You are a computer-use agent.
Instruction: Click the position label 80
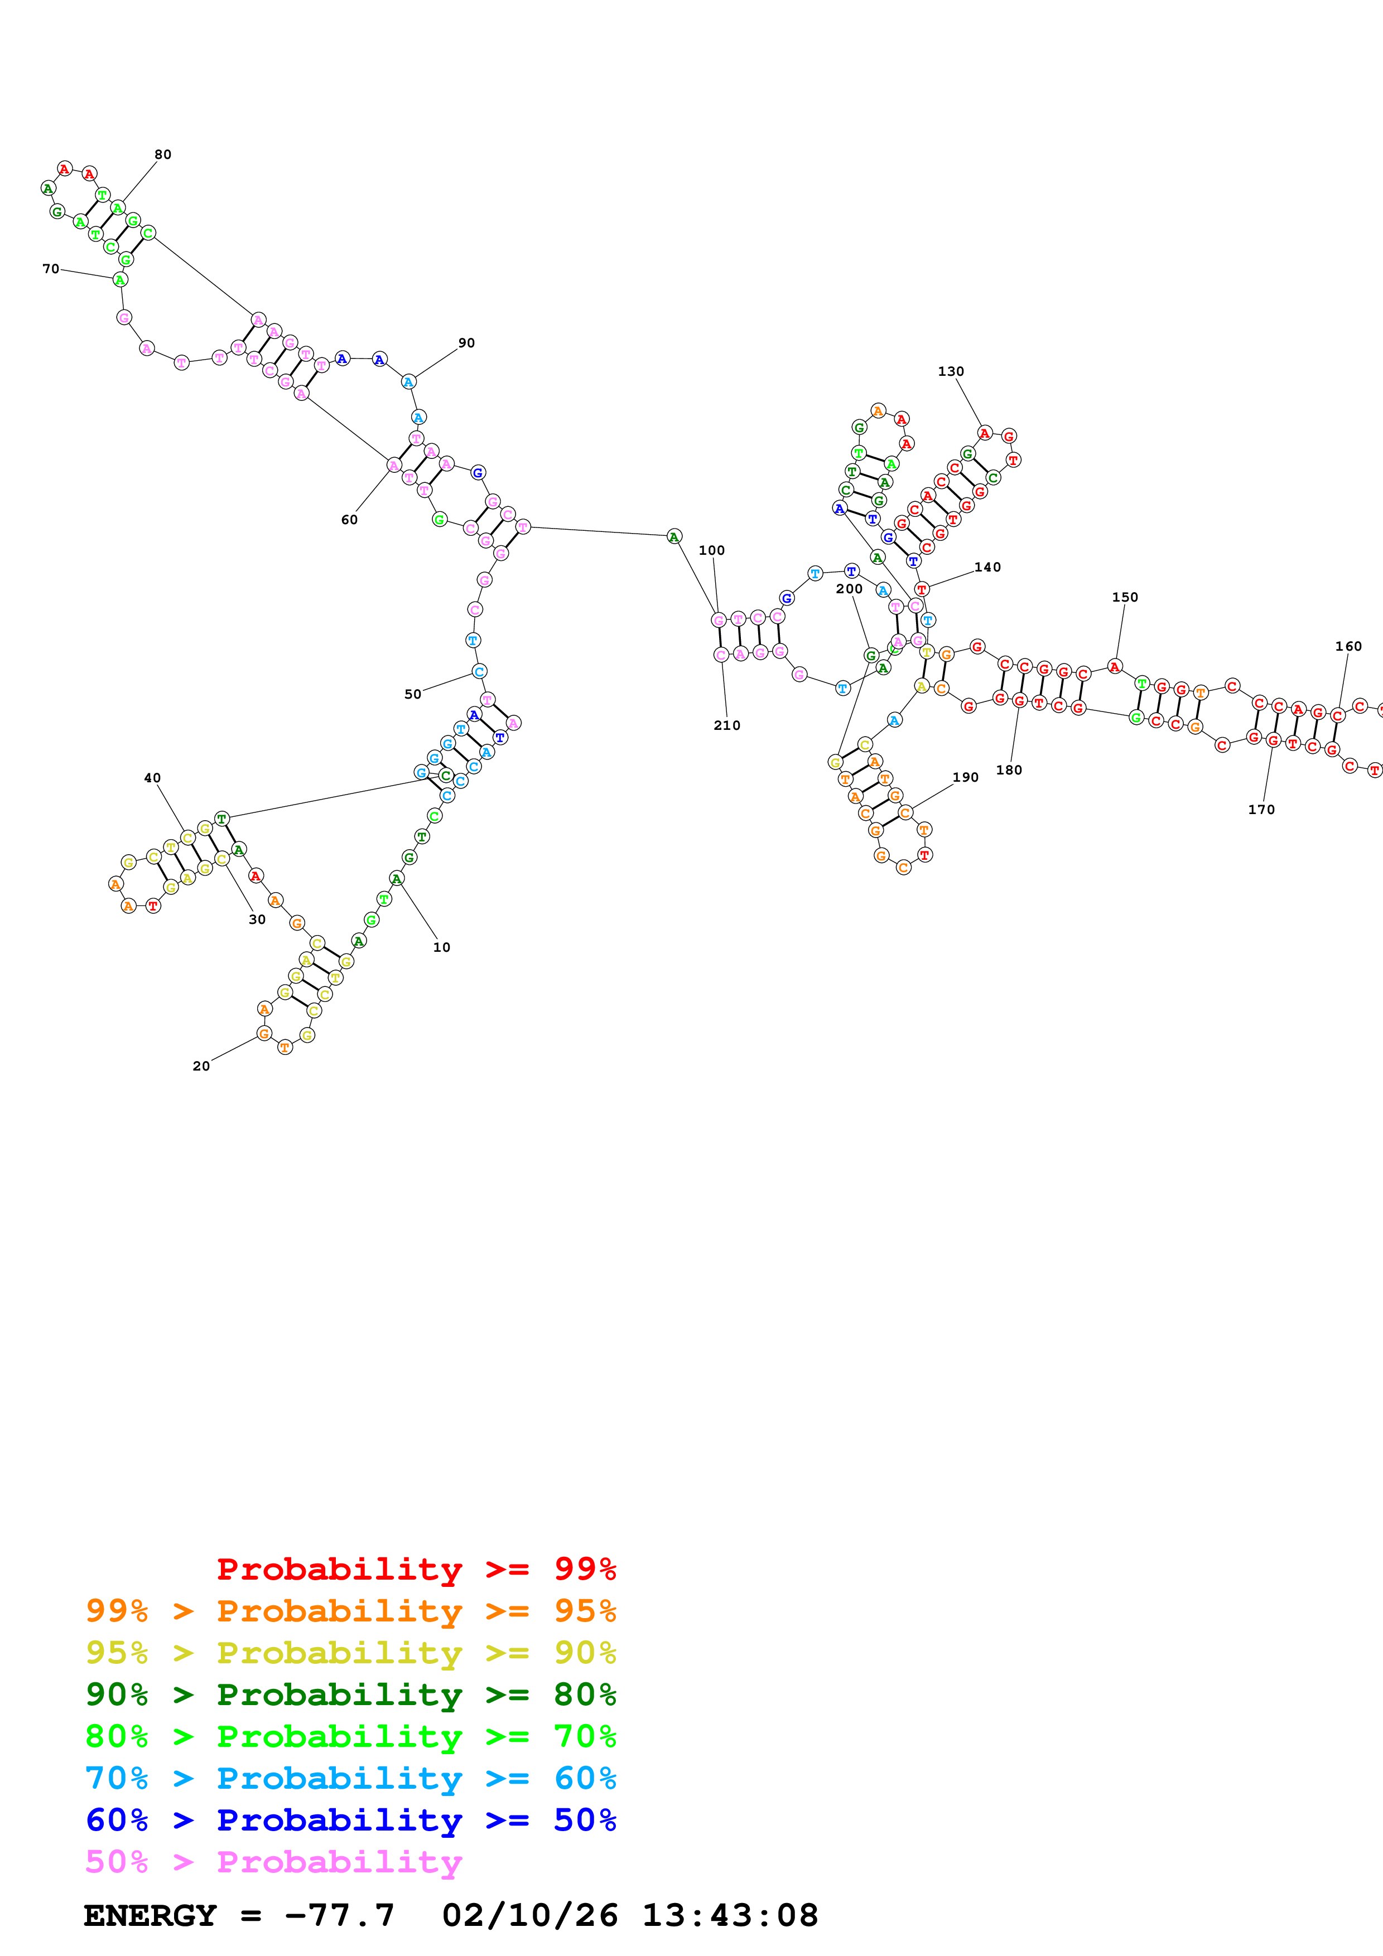pos(163,154)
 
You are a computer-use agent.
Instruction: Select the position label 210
pos(727,725)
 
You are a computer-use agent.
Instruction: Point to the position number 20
pos(201,1066)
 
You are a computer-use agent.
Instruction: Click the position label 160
pos(1348,646)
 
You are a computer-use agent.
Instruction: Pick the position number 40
pos(152,778)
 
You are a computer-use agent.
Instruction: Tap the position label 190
pos(966,777)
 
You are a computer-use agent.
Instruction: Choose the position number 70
pos(51,268)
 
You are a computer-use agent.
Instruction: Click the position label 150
pos(1125,597)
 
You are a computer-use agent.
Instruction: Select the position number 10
pos(441,946)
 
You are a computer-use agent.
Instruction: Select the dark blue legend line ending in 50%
pos(351,1820)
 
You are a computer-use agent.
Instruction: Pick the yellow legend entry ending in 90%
pos(351,1653)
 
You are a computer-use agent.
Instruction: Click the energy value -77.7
pos(339,1915)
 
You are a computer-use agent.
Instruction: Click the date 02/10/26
pos(529,1915)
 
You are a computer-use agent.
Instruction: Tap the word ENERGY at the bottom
pos(150,1915)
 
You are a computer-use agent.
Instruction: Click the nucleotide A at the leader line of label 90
pos(408,381)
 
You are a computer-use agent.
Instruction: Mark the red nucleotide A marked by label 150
pos(1115,666)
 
